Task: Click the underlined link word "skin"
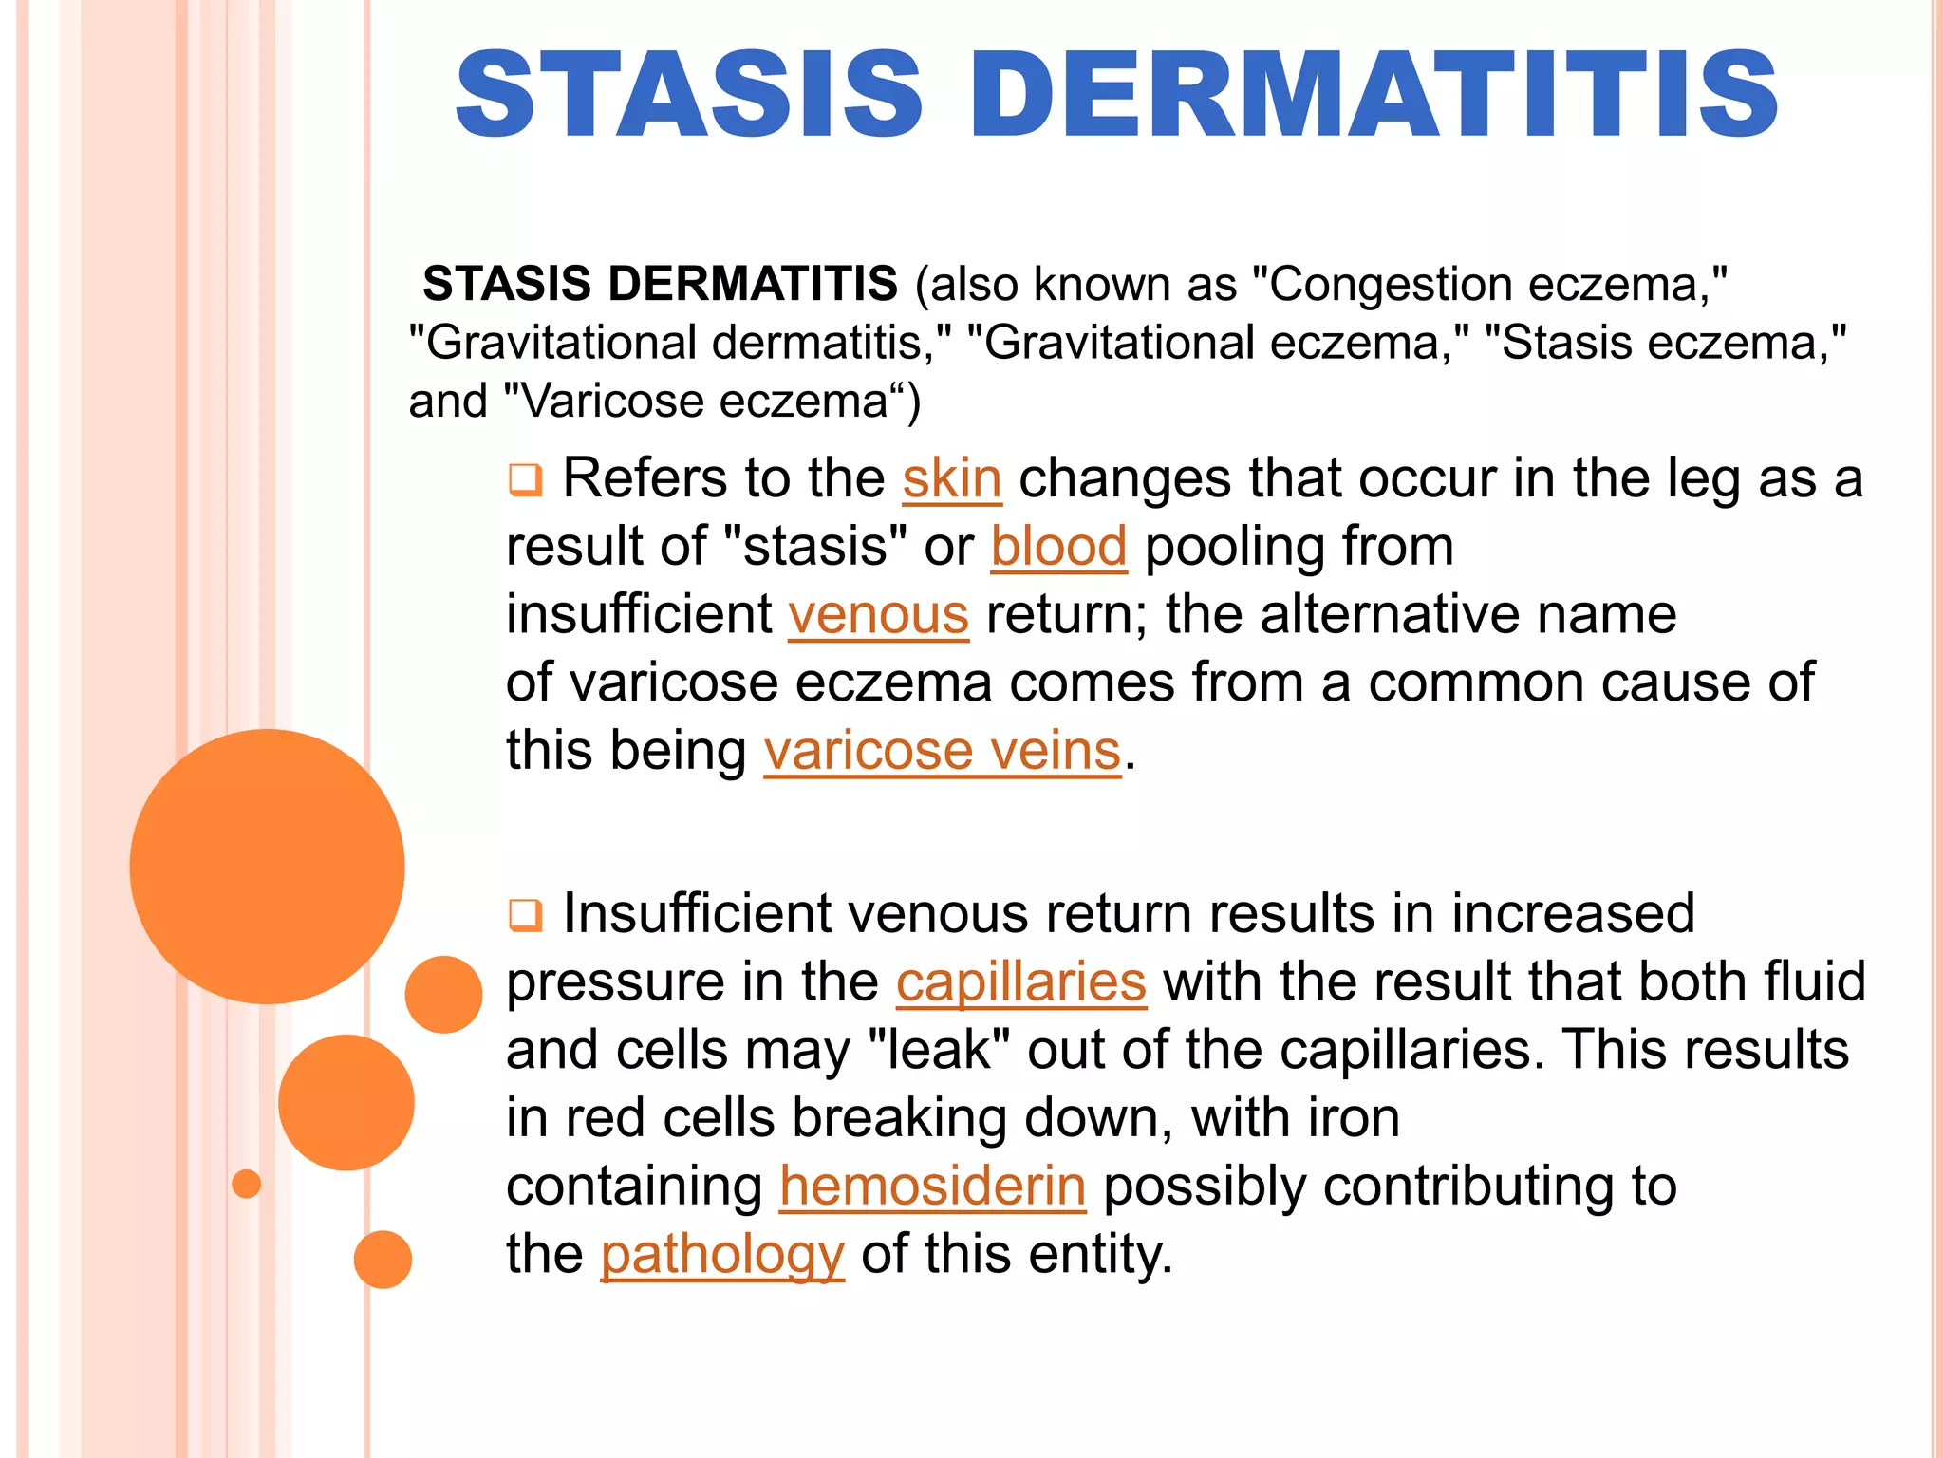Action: (x=951, y=478)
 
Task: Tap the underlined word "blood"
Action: (x=1058, y=547)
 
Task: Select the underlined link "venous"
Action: (x=878, y=615)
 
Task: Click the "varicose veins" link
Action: (x=942, y=752)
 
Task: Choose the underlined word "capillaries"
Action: (x=1020, y=982)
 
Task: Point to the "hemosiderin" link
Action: (x=932, y=1187)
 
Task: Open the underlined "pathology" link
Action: (x=721, y=1255)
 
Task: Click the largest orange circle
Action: (x=267, y=866)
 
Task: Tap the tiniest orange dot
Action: (x=246, y=1184)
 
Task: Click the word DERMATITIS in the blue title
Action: (x=1373, y=95)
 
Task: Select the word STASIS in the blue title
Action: (x=689, y=95)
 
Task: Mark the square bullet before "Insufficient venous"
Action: (x=525, y=915)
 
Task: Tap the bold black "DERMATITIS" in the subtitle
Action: (x=753, y=284)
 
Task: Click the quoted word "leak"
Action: (x=938, y=1051)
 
